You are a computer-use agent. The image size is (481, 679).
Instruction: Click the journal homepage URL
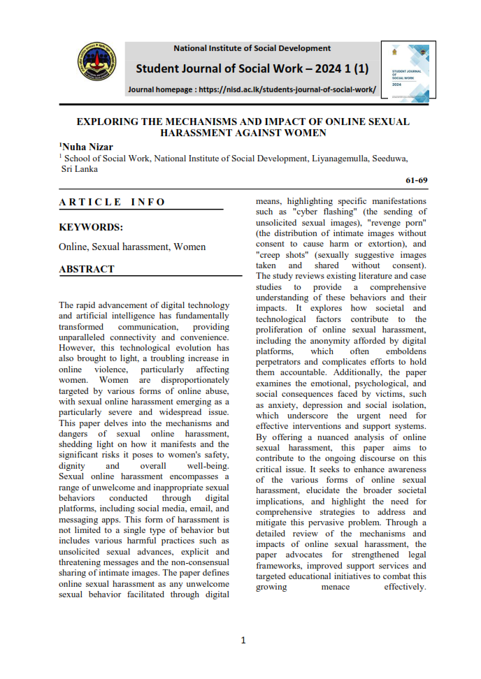287,89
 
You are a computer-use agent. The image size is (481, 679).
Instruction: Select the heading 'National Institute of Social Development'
252,48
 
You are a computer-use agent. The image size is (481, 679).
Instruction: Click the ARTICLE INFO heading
112,202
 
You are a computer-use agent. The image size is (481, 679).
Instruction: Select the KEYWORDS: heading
91,227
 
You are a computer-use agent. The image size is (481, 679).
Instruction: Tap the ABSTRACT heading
86,269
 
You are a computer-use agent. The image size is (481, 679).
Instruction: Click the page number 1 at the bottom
243,640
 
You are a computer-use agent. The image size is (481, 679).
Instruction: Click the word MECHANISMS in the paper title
203,122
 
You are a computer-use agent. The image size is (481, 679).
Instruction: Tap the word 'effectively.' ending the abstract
405,587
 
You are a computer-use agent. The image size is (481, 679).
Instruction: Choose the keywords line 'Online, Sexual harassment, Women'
132,247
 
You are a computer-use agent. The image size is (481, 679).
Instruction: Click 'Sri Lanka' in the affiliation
80,168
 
